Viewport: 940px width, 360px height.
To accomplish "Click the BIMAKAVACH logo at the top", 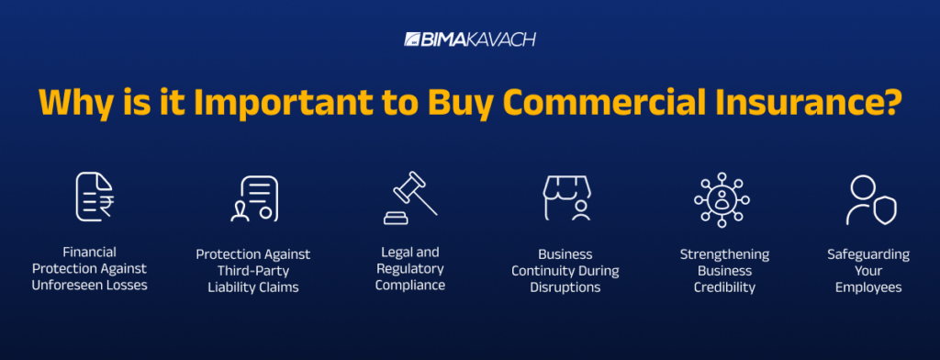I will pos(469,40).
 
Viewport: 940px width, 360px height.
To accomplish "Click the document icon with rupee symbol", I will pos(94,197).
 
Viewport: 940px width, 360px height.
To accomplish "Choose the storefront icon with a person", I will pos(565,198).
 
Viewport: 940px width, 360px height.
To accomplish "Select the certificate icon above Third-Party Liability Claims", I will pos(253,198).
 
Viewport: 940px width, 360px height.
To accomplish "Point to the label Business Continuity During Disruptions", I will pos(565,270).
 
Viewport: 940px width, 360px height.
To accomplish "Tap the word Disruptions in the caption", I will pos(565,287).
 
